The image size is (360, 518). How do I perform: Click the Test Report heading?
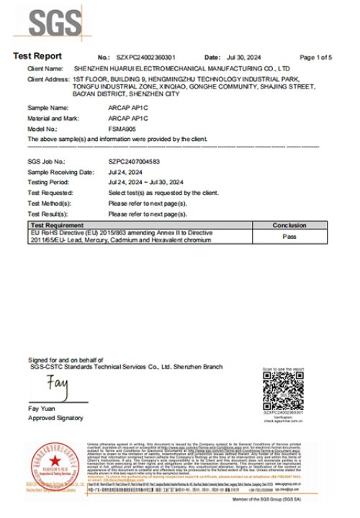coord(37,56)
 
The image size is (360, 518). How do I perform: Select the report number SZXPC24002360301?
coord(147,57)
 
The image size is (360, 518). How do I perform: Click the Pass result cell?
coord(289,235)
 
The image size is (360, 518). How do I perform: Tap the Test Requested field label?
coord(49,194)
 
